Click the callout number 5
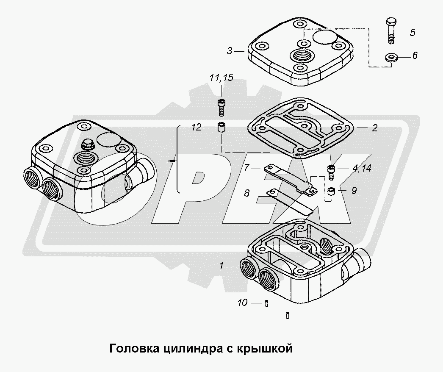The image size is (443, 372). coord(413,32)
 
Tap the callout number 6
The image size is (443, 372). coord(415,56)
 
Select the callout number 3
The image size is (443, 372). coord(230,51)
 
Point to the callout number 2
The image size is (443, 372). coord(375,128)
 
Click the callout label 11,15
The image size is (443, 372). coord(221,78)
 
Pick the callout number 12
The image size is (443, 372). coord(197,127)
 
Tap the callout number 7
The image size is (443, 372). coord(246,168)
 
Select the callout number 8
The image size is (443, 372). coord(246,193)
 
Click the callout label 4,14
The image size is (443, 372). coord(362,169)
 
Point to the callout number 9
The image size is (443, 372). coord(354,190)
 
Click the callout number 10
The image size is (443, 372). coord(242,303)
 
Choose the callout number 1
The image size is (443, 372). coord(222,265)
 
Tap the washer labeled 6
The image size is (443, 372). coord(391,57)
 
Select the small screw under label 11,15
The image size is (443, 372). coord(221,108)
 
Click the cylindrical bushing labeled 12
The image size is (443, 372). coord(221,128)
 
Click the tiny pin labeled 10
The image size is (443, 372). coord(267,303)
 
